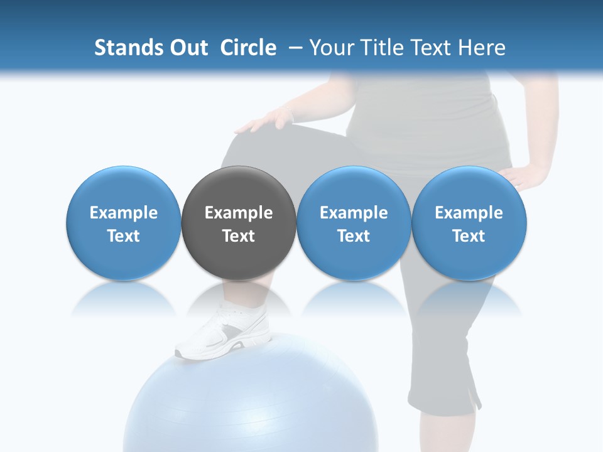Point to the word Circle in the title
tap(248, 48)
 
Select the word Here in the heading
tap(482, 48)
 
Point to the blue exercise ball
tap(251, 402)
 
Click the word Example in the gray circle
tap(239, 213)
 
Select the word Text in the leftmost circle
tap(123, 236)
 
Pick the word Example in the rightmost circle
tap(469, 213)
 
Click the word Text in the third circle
tap(354, 236)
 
